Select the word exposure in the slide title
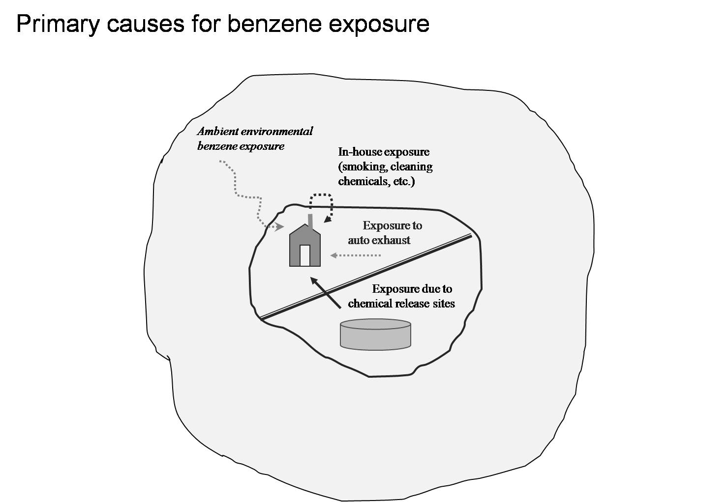[379, 24]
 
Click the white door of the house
[305, 255]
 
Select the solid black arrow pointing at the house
[326, 293]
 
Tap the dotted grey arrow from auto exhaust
[356, 255]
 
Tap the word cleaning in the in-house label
[412, 167]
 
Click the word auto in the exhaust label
[359, 240]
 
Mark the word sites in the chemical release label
[443, 304]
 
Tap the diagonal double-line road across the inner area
[366, 278]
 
